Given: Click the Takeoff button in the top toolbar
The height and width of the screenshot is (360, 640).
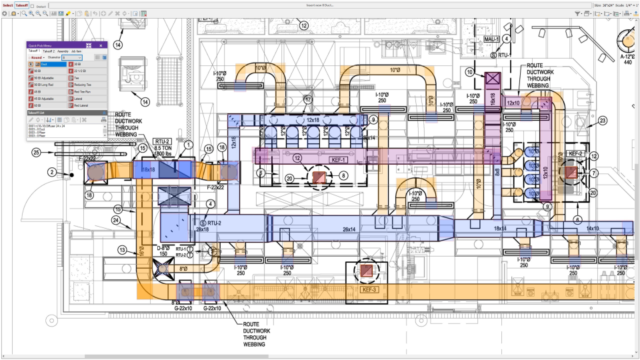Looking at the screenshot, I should tap(22, 5).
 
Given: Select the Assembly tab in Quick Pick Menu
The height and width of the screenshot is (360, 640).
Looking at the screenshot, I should tap(63, 51).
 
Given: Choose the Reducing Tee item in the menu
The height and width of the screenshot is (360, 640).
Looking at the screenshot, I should tap(83, 85).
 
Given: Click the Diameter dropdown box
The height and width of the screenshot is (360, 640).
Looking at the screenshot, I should tap(71, 57).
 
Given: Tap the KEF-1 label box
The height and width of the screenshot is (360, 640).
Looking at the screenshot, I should tap(338, 160).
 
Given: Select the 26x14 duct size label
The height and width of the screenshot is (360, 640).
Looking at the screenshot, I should tap(349, 229).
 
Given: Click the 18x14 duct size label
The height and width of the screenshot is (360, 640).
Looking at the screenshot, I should tap(500, 228).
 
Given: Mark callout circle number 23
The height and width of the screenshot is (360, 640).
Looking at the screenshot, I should tap(602, 121).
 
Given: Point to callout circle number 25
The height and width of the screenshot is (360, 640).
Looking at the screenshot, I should tap(37, 153).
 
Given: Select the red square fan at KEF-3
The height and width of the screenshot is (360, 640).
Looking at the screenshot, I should tap(367, 271).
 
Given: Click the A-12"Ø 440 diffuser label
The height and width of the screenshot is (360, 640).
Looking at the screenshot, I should tap(628, 60).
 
